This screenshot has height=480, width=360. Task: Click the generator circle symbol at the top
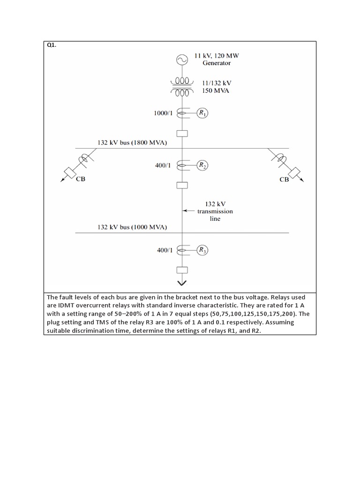click(181, 60)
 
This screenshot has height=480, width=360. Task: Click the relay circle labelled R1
click(202, 113)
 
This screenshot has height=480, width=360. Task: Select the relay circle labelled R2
click(202, 165)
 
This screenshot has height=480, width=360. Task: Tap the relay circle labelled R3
click(202, 250)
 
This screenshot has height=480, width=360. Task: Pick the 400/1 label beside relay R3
click(165, 251)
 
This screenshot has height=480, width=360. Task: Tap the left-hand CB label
click(81, 180)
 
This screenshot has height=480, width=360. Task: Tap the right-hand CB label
click(284, 180)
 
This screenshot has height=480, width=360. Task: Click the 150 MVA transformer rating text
click(216, 90)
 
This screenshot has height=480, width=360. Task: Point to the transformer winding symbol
click(181, 86)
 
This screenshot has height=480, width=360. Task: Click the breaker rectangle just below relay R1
click(182, 133)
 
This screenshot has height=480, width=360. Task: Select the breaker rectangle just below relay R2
click(182, 185)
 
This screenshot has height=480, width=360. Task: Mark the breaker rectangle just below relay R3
click(182, 270)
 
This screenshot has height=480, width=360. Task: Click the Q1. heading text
click(52, 45)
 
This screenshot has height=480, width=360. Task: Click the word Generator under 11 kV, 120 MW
click(217, 63)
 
